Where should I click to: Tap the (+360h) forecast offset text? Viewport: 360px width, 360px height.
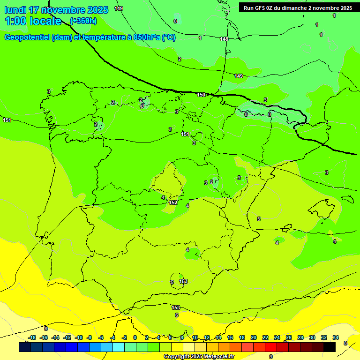tap(83, 21)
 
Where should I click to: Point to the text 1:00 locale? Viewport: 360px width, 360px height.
tap(33, 21)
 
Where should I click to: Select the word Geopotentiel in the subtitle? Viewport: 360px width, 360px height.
tap(27, 37)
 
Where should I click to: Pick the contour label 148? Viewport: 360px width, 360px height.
tap(224, 39)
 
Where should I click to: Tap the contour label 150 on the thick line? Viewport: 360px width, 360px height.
tap(201, 95)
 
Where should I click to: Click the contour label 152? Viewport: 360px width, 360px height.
tap(173, 202)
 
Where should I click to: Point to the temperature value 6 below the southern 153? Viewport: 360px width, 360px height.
tap(176, 315)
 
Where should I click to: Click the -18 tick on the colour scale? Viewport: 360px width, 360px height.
tap(32, 337)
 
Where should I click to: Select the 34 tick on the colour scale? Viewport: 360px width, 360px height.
tap(336, 337)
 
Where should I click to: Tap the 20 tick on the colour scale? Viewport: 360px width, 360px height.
tap(254, 337)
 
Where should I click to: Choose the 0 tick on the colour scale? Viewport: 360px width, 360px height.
tap(135, 337)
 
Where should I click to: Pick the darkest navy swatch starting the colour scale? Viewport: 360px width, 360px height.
tap(25, 347)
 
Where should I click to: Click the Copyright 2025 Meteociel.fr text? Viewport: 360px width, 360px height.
tap(199, 356)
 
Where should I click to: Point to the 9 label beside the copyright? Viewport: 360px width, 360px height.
tap(271, 356)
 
